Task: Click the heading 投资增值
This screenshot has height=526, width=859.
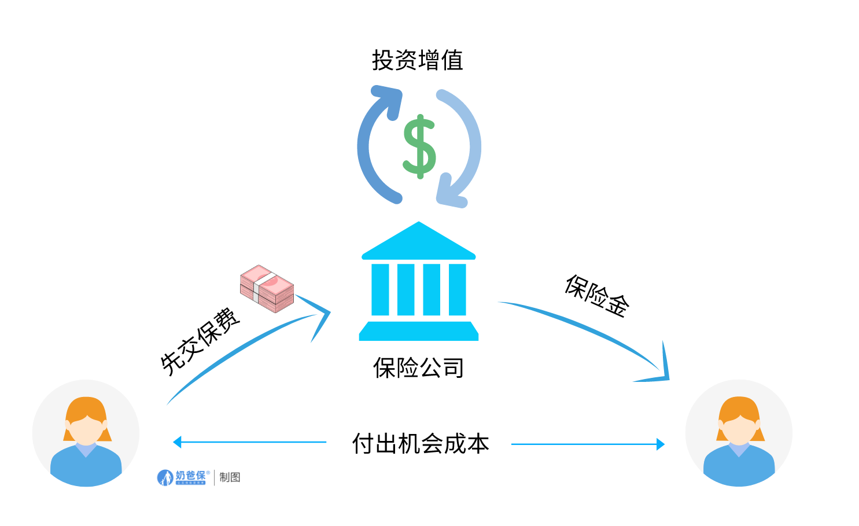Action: pos(417,60)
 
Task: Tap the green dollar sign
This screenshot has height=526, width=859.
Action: pos(419,146)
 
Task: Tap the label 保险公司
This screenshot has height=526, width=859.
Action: pos(418,367)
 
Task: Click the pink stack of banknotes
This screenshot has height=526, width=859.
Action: pos(267,288)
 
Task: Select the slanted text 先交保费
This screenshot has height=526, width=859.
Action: pos(200,341)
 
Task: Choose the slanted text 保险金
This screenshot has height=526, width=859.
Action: pos(597,296)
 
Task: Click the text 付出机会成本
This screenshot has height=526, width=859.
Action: pos(421,444)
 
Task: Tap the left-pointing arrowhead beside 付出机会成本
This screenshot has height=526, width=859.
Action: pos(178,442)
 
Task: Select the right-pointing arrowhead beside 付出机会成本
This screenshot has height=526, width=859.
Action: pos(660,444)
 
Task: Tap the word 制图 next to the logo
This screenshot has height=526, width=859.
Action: pos(230,477)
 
